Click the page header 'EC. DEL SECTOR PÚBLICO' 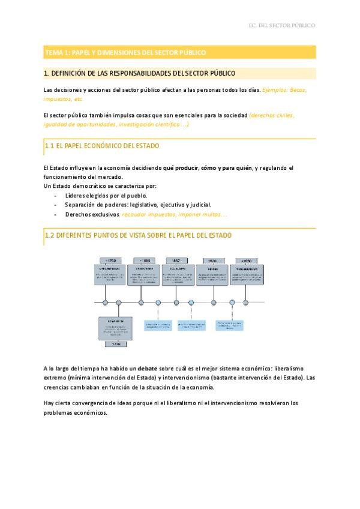click(281, 25)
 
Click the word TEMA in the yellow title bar click(54, 53)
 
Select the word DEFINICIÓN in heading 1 click(73, 73)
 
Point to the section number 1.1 click(50, 146)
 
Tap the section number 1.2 click(50, 235)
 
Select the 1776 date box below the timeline click(115, 344)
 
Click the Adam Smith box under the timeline click(115, 327)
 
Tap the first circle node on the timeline click(105, 303)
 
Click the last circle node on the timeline click(247, 303)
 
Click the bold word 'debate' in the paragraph click(147, 367)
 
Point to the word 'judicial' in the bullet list click(199, 205)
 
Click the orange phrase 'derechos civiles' click(271, 115)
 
